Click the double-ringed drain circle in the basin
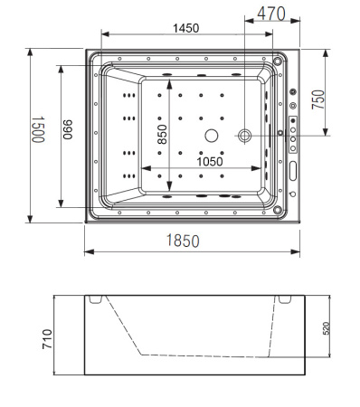[245, 136]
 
